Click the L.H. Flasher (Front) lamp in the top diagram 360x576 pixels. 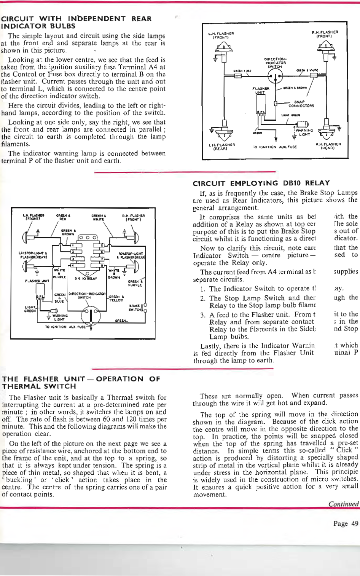coord(221,48)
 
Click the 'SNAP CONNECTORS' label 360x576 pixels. coord(301,104)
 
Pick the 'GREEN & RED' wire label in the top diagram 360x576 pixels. coord(242,71)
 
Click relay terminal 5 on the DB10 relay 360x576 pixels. coord(102,245)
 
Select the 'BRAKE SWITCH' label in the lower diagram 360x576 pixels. coord(135,308)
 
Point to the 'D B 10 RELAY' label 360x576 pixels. coord(86,278)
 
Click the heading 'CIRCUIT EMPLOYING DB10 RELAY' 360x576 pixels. coord(261,183)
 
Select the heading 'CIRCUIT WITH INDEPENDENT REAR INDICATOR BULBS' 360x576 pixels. coord(76,22)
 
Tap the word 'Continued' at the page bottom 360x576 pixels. coord(344,504)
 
